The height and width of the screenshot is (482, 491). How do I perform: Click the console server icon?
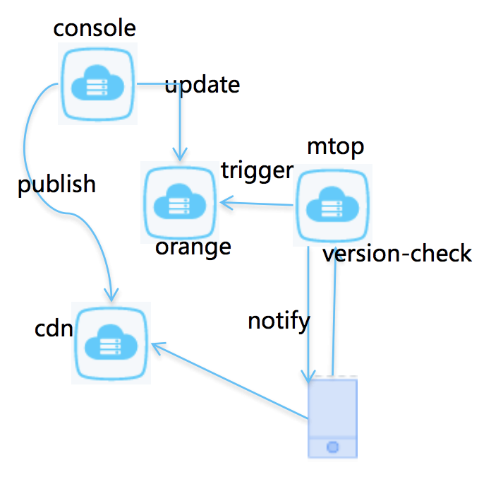coord(97,84)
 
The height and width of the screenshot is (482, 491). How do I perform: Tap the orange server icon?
coord(180,202)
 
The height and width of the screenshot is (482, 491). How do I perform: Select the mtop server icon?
coord(332,205)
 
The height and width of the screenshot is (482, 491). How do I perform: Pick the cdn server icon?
coord(111,343)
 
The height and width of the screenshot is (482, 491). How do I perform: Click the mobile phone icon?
coord(332,417)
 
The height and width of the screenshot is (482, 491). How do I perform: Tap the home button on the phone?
coord(332,447)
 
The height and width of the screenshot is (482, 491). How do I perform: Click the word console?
coord(95,28)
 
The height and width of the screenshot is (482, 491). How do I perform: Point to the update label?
coord(202,85)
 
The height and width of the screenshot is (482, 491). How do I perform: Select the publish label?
coord(56,184)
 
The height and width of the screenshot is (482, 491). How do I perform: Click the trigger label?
coord(257,171)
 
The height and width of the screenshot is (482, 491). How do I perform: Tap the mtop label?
coord(336,147)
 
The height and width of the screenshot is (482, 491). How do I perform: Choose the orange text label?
coord(193,248)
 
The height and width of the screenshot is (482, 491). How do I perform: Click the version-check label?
coord(397,254)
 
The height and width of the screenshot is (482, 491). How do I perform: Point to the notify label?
coord(279,322)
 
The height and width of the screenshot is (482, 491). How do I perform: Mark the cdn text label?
coord(54,329)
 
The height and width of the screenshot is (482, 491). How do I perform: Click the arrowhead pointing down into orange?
coord(180,156)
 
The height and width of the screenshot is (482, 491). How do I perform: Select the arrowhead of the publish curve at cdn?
coord(111,297)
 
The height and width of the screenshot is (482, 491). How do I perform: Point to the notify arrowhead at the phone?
coord(308,377)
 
